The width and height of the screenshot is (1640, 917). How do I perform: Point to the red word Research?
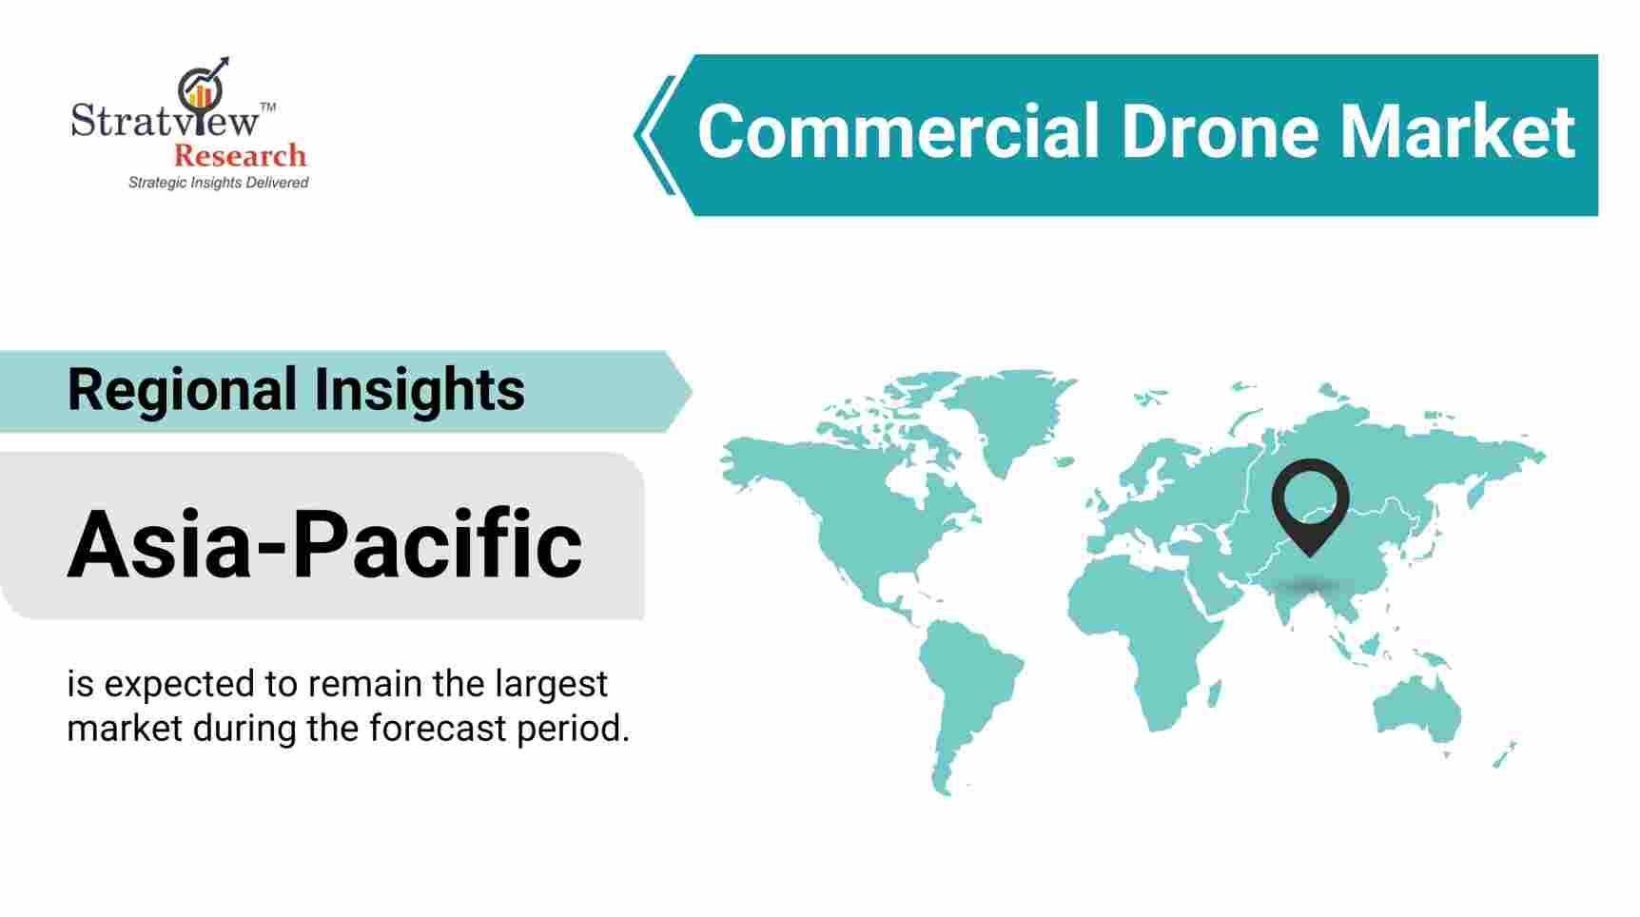click(240, 155)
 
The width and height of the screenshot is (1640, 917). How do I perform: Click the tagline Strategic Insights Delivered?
click(218, 182)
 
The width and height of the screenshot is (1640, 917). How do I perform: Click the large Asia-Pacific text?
click(324, 543)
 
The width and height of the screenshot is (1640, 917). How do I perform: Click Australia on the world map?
click(1416, 709)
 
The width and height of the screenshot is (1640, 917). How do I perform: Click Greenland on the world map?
click(1015, 419)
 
